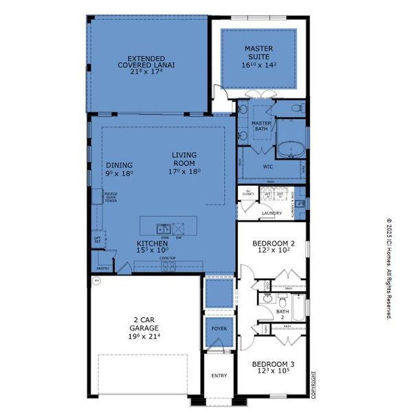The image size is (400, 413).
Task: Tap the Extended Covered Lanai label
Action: click(x=146, y=61)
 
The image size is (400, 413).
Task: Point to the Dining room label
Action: click(x=119, y=165)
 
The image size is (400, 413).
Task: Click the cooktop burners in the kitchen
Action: click(x=168, y=265)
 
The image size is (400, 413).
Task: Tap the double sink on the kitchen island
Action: click(x=163, y=229)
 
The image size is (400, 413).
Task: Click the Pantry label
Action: click(x=102, y=268)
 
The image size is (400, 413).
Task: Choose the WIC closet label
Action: click(x=269, y=167)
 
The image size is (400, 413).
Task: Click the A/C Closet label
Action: click(x=248, y=194)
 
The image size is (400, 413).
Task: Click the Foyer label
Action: click(x=219, y=329)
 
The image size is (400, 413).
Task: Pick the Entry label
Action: click(x=219, y=375)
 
